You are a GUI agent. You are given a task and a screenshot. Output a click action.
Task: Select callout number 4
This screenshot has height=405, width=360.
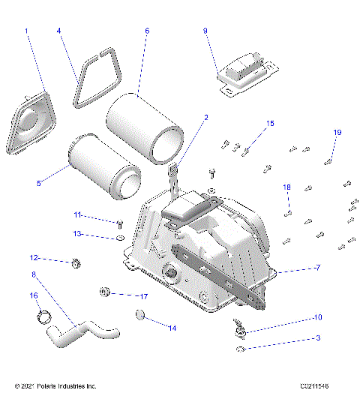59,31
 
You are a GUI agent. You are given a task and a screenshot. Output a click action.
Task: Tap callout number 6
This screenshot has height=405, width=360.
147,31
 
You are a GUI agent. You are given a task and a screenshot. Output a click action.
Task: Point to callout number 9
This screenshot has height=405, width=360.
205,31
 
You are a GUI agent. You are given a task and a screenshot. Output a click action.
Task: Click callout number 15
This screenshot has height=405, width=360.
271,123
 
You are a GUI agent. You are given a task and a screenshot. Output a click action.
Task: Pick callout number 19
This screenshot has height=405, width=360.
337,133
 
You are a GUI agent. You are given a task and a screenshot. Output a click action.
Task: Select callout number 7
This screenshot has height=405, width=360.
318,268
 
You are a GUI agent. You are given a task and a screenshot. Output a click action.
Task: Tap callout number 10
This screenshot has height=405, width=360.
317,317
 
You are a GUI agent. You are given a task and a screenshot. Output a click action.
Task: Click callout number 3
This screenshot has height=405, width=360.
318,338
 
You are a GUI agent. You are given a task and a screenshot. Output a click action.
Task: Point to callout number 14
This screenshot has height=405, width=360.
172,328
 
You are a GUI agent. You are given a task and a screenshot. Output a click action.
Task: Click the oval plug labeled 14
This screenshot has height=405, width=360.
139,318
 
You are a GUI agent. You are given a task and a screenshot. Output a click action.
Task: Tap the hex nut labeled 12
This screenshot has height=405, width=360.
76,263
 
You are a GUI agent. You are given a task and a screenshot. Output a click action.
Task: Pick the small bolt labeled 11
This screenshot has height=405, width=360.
120,223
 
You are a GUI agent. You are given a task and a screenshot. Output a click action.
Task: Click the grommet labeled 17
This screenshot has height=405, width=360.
105,291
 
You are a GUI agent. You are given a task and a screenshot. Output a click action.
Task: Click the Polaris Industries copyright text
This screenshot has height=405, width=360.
55,386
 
